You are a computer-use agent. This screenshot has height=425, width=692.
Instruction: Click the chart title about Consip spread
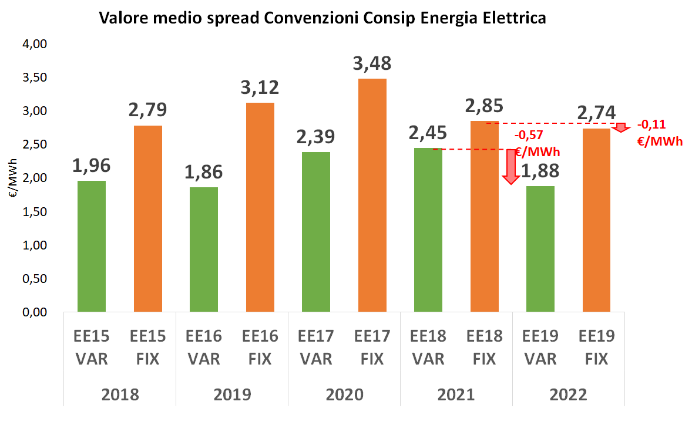(x=323, y=18)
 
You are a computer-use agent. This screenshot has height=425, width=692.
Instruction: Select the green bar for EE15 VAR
(x=92, y=246)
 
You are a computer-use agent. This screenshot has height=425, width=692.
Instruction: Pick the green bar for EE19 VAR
(x=540, y=249)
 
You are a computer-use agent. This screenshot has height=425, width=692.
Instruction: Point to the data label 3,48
(x=372, y=63)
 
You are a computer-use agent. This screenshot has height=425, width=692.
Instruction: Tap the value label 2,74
(x=596, y=114)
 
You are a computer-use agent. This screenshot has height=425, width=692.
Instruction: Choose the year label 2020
(x=344, y=394)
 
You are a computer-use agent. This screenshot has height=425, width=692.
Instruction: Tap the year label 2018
(x=119, y=394)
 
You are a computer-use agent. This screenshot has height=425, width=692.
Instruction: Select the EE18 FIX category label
(x=484, y=347)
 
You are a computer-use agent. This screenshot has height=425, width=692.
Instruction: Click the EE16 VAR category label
(x=203, y=347)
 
